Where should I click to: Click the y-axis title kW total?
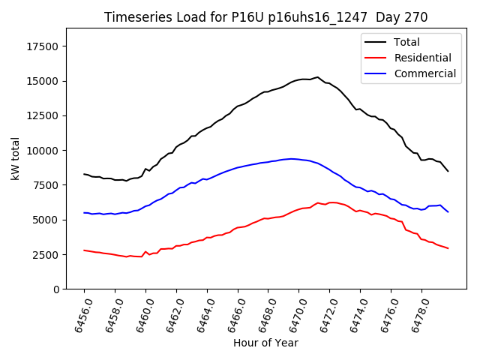click(x=16, y=159)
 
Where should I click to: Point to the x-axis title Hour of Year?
click(x=265, y=343)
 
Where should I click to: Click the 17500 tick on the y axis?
click(x=42, y=46)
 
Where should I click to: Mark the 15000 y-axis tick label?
click(x=42, y=81)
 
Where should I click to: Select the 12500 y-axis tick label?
click(x=42, y=115)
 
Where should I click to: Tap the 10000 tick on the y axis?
click(x=42, y=151)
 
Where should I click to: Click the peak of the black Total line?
click(x=317, y=77)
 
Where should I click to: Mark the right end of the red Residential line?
click(x=448, y=248)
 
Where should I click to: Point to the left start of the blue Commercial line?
click(x=84, y=213)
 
